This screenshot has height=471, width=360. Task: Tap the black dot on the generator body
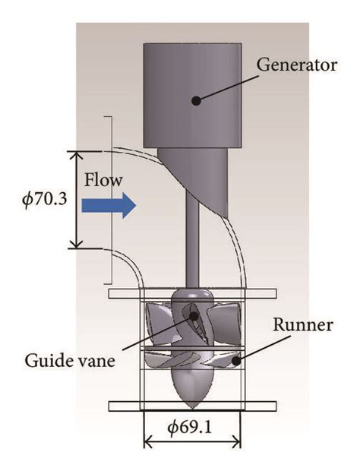click(196, 99)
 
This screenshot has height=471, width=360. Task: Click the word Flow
click(103, 181)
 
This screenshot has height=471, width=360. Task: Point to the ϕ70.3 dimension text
click(43, 199)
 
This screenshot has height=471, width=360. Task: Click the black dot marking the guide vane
click(194, 315)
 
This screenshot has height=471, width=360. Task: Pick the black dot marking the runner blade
click(237, 362)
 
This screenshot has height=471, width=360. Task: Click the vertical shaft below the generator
click(194, 243)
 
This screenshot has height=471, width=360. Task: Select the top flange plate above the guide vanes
click(191, 292)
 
